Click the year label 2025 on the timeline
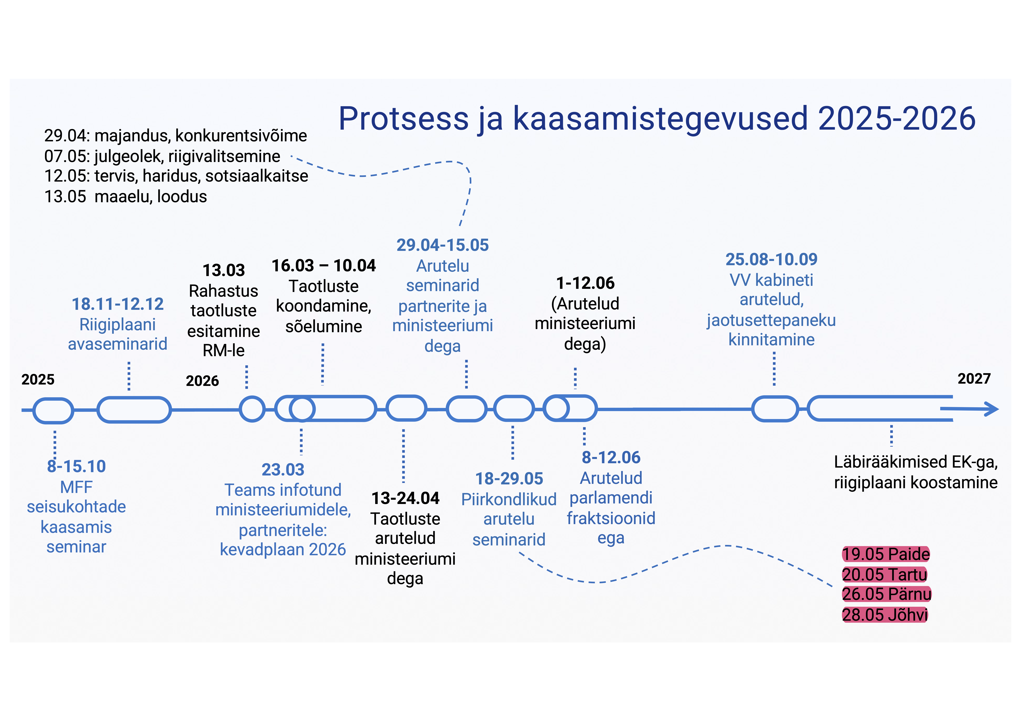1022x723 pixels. click(x=38, y=380)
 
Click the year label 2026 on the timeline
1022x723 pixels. click(x=203, y=381)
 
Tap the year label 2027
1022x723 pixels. click(x=974, y=379)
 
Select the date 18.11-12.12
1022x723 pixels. click(x=118, y=304)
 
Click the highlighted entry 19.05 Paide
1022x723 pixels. click(x=886, y=554)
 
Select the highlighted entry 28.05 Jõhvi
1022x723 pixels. click(x=885, y=615)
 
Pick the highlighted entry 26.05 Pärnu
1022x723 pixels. click(x=887, y=594)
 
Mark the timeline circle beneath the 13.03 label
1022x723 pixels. click(x=252, y=409)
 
